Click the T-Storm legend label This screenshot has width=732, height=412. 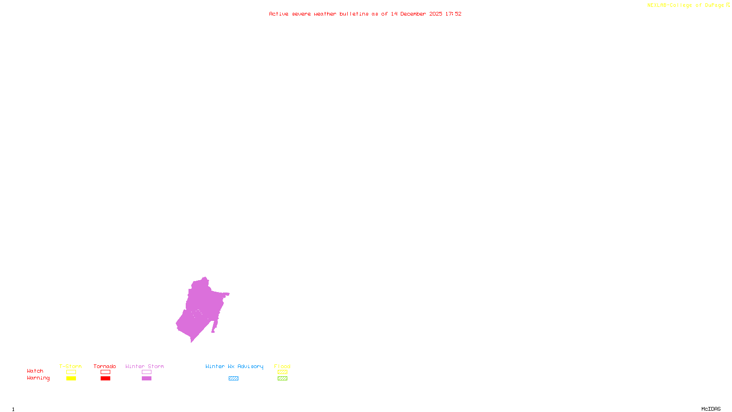pyautogui.click(x=70, y=366)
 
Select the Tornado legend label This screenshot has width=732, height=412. pyautogui.click(x=105, y=366)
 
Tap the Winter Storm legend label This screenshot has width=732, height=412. pyautogui.click(x=145, y=366)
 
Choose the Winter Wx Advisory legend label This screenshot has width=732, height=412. pyautogui.click(x=234, y=366)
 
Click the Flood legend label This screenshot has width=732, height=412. pyautogui.click(x=282, y=366)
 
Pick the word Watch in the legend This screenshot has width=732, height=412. pyautogui.click(x=35, y=371)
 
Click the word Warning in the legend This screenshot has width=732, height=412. pyautogui.click(x=38, y=378)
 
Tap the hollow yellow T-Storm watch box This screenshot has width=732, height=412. pyautogui.click(x=71, y=372)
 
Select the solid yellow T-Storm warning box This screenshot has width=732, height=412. pyautogui.click(x=71, y=379)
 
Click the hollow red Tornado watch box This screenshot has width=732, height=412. pyautogui.click(x=105, y=372)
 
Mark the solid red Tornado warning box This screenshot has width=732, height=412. pyautogui.click(x=105, y=379)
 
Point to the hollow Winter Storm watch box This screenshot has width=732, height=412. pyautogui.click(x=146, y=372)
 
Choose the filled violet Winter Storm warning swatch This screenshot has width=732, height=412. pyautogui.click(x=146, y=379)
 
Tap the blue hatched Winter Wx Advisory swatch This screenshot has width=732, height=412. pyautogui.click(x=233, y=379)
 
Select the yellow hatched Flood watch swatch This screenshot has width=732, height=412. pyautogui.click(x=282, y=372)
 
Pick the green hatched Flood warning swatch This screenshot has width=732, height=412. pyautogui.click(x=282, y=379)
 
